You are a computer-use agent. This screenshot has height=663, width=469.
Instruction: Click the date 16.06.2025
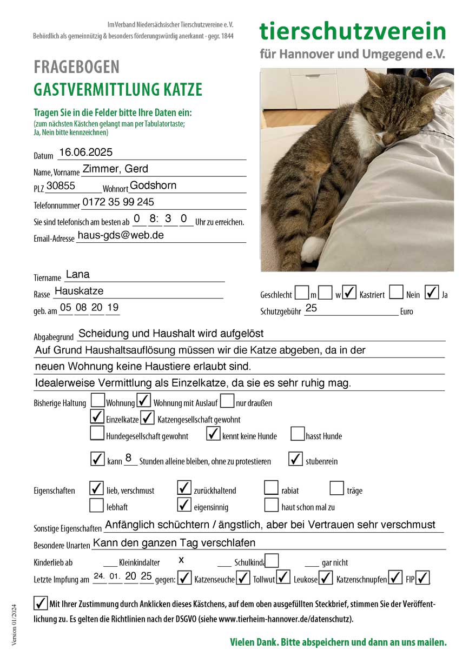point(85,153)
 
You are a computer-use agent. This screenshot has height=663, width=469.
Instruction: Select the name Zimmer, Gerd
point(115,169)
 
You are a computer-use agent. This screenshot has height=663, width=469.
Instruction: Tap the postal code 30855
point(61,185)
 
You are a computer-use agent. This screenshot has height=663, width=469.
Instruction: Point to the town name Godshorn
point(153,185)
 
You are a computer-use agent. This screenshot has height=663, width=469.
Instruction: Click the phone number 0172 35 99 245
point(118,202)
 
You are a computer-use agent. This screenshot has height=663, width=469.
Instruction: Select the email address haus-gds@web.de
point(121,235)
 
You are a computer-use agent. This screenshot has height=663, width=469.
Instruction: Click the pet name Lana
point(77,275)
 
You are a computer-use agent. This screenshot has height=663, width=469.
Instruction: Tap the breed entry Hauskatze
point(79,291)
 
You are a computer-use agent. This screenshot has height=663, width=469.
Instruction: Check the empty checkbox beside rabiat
point(271,488)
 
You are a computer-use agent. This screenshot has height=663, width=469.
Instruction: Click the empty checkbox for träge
point(337,488)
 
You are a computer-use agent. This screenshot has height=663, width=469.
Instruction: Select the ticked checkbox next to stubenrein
point(295,459)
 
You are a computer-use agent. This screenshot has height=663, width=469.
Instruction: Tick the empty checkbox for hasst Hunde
point(298,434)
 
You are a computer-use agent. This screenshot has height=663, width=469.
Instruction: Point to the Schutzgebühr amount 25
point(311,308)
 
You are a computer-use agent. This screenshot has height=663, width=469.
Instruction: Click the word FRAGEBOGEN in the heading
point(76,68)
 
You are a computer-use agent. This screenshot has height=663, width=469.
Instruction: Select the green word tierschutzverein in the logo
point(353,31)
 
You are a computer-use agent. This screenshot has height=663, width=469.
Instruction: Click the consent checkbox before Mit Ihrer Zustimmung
point(40,602)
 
